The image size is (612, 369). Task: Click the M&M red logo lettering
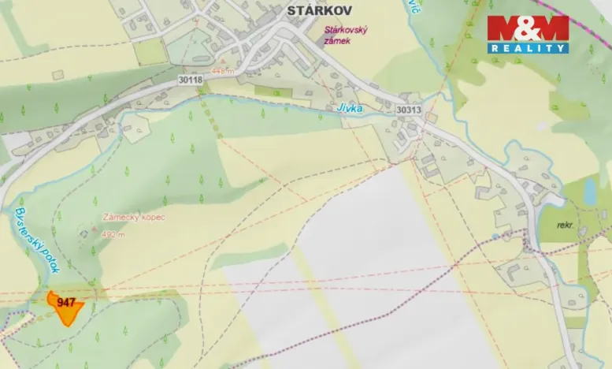[527, 29]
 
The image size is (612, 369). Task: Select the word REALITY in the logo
[527, 49]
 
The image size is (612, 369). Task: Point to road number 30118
[191, 80]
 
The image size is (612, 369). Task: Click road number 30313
[409, 110]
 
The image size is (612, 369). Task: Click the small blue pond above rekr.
[590, 190]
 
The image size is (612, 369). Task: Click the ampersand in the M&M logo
[527, 29]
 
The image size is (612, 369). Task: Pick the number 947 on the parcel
[66, 302]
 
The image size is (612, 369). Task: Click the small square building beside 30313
[432, 117]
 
